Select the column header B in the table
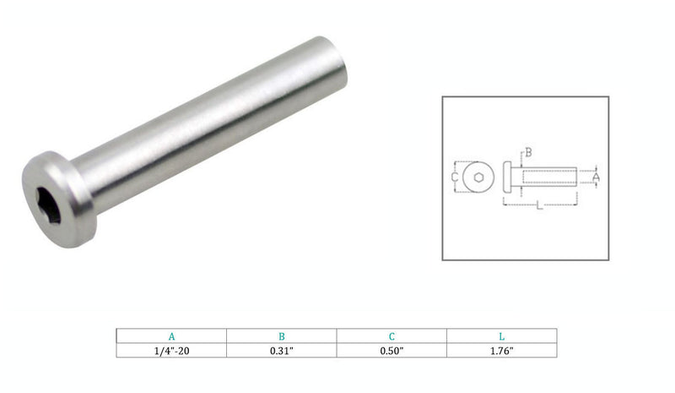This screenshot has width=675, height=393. (x=281, y=335)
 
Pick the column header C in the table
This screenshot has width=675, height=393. (x=391, y=335)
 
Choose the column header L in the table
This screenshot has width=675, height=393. (x=501, y=335)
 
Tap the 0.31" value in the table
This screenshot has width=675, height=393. (x=281, y=350)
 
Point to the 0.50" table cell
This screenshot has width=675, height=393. (x=391, y=350)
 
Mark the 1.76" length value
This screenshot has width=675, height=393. (x=501, y=350)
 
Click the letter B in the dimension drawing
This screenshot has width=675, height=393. (x=528, y=153)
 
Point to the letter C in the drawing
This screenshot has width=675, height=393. (x=453, y=177)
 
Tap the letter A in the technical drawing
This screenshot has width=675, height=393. (x=597, y=177)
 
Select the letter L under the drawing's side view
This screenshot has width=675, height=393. (x=538, y=208)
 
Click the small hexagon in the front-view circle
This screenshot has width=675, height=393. (x=478, y=177)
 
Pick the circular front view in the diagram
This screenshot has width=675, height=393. (x=478, y=177)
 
